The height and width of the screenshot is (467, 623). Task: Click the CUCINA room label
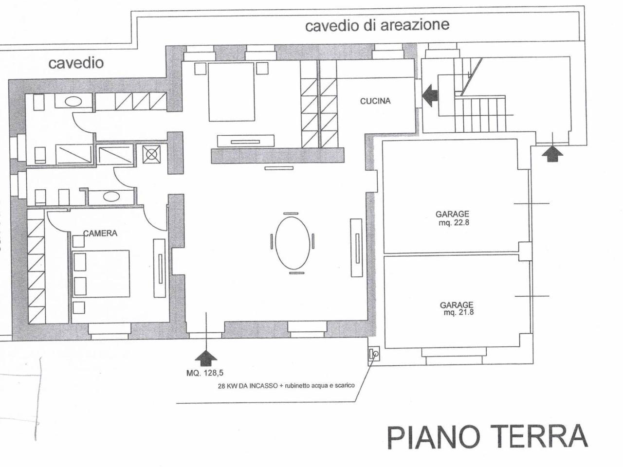click(x=375, y=101)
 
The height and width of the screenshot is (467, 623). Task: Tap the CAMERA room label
click(x=100, y=233)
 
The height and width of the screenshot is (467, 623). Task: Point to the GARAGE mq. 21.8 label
click(x=457, y=308)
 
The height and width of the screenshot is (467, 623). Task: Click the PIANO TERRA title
click(x=487, y=436)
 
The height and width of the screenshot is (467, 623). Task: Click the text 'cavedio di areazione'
click(x=377, y=25)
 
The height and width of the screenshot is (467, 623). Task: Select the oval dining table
click(x=292, y=242)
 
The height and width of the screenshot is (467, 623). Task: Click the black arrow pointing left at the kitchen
click(x=430, y=94)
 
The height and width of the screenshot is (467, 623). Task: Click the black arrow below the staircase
click(x=552, y=154)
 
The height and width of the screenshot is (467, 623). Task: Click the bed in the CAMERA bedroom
click(x=101, y=273)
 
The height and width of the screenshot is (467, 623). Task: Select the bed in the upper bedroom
click(x=231, y=91)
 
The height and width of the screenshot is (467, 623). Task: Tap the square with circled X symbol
click(x=151, y=155)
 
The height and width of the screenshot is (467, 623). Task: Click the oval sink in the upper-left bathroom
click(x=73, y=102)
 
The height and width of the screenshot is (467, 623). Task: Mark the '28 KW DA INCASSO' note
click(x=286, y=386)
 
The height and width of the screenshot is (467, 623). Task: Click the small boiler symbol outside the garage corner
click(x=373, y=354)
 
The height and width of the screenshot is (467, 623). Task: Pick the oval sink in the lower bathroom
click(x=111, y=197)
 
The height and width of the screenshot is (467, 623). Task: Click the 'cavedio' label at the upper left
click(x=75, y=63)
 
